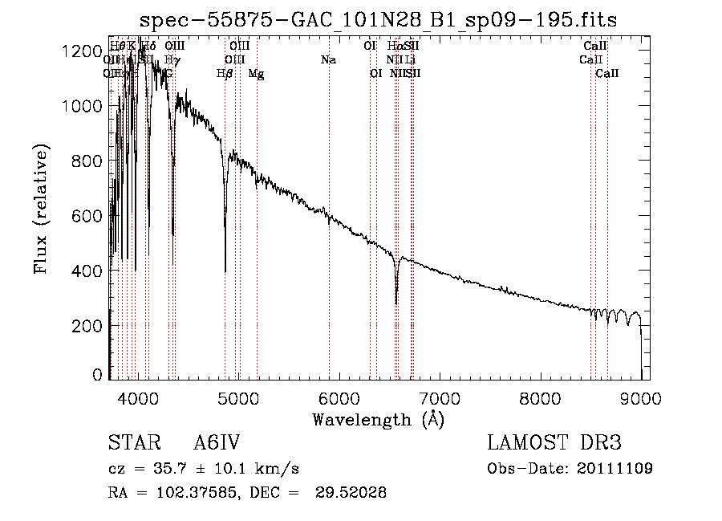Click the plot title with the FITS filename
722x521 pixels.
(379, 19)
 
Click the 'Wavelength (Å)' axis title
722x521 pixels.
(378, 419)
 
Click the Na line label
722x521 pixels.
(327, 59)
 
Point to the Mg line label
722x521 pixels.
(256, 74)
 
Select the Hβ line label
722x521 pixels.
(225, 74)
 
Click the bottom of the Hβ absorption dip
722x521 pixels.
(225, 271)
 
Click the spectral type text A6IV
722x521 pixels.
(217, 444)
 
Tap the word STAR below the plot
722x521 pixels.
(132, 444)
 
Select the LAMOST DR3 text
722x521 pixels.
(554, 444)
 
